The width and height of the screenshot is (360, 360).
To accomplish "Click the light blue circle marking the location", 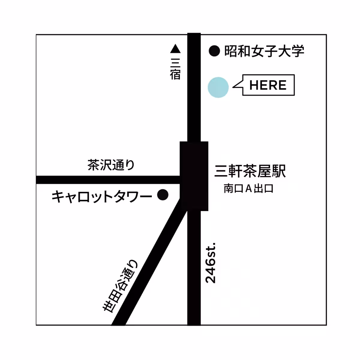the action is point(218,87).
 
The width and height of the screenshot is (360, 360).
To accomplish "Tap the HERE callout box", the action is point(268,85).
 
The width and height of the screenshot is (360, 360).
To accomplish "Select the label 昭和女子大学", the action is point(264,51).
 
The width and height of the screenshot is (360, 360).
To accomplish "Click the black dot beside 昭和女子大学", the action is point(214,51).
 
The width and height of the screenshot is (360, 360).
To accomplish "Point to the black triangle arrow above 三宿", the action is point(175,49).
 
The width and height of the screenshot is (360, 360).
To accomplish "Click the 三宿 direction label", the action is point(175,69).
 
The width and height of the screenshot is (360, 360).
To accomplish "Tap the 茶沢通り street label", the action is point(111,165).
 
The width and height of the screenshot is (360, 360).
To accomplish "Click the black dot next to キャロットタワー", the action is point(163,195).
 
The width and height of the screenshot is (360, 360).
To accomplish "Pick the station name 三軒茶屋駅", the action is point(250,171).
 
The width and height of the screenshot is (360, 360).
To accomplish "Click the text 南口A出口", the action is point(248,189).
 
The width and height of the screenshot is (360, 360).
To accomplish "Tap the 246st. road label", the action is point(211,262).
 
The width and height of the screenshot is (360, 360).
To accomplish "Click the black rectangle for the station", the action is point(194,176).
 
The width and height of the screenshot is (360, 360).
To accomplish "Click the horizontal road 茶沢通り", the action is point(108,180).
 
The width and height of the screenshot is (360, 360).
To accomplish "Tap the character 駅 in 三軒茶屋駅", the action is point(279,171).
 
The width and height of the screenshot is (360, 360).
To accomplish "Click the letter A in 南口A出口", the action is point(248,189).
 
